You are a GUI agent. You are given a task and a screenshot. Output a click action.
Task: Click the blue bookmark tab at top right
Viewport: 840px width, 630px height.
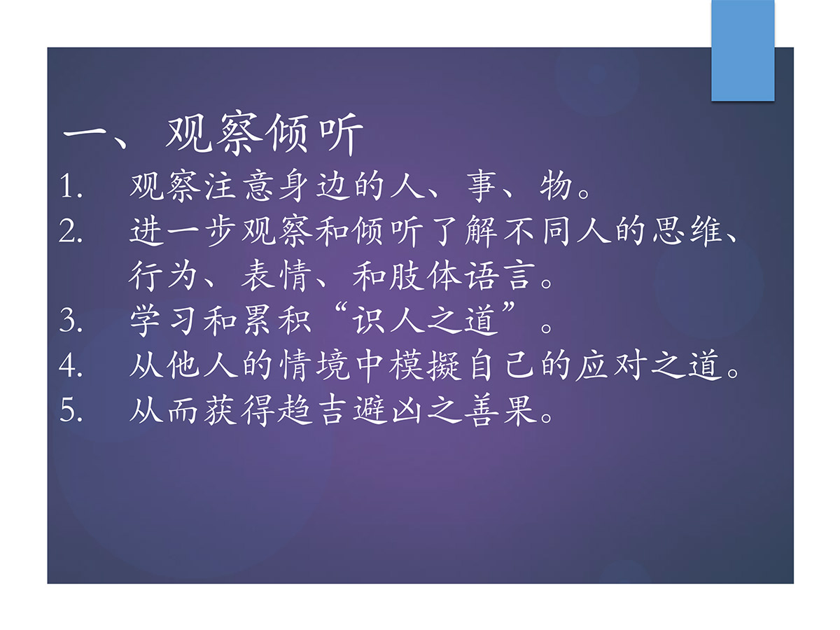coord(743,50)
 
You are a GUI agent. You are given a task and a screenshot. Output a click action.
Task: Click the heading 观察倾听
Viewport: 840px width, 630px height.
coord(265,134)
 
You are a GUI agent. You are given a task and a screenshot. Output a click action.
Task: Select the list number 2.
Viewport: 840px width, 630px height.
coord(71,231)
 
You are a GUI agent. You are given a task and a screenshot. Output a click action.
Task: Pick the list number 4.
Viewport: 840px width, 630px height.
coord(71,365)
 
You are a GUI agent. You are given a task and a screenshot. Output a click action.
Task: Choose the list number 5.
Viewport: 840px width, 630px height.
coord(71,410)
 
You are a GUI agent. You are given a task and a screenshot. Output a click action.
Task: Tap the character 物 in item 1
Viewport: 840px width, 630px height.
coord(556,187)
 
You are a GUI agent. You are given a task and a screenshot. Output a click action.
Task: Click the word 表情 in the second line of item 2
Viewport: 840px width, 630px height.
coord(276,276)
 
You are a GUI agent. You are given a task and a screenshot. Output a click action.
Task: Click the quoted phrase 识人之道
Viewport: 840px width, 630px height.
coord(425,321)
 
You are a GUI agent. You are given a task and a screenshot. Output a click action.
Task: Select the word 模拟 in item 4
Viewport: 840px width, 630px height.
coord(425,365)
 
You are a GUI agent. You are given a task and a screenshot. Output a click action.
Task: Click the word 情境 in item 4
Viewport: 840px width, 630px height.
coord(314,365)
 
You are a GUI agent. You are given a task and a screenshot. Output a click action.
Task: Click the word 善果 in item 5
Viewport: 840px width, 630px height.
coord(500,410)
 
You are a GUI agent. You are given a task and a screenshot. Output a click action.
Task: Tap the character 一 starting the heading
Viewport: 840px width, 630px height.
coord(84,134)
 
